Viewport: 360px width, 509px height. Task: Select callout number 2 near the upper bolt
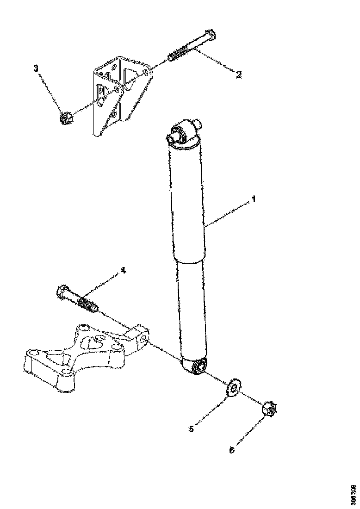coord(239,74)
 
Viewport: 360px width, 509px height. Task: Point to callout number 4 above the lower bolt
coord(123,271)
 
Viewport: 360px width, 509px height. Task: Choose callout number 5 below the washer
coord(191,429)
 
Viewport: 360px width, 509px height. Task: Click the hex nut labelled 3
coord(65,119)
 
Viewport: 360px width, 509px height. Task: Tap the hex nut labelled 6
coord(268,409)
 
